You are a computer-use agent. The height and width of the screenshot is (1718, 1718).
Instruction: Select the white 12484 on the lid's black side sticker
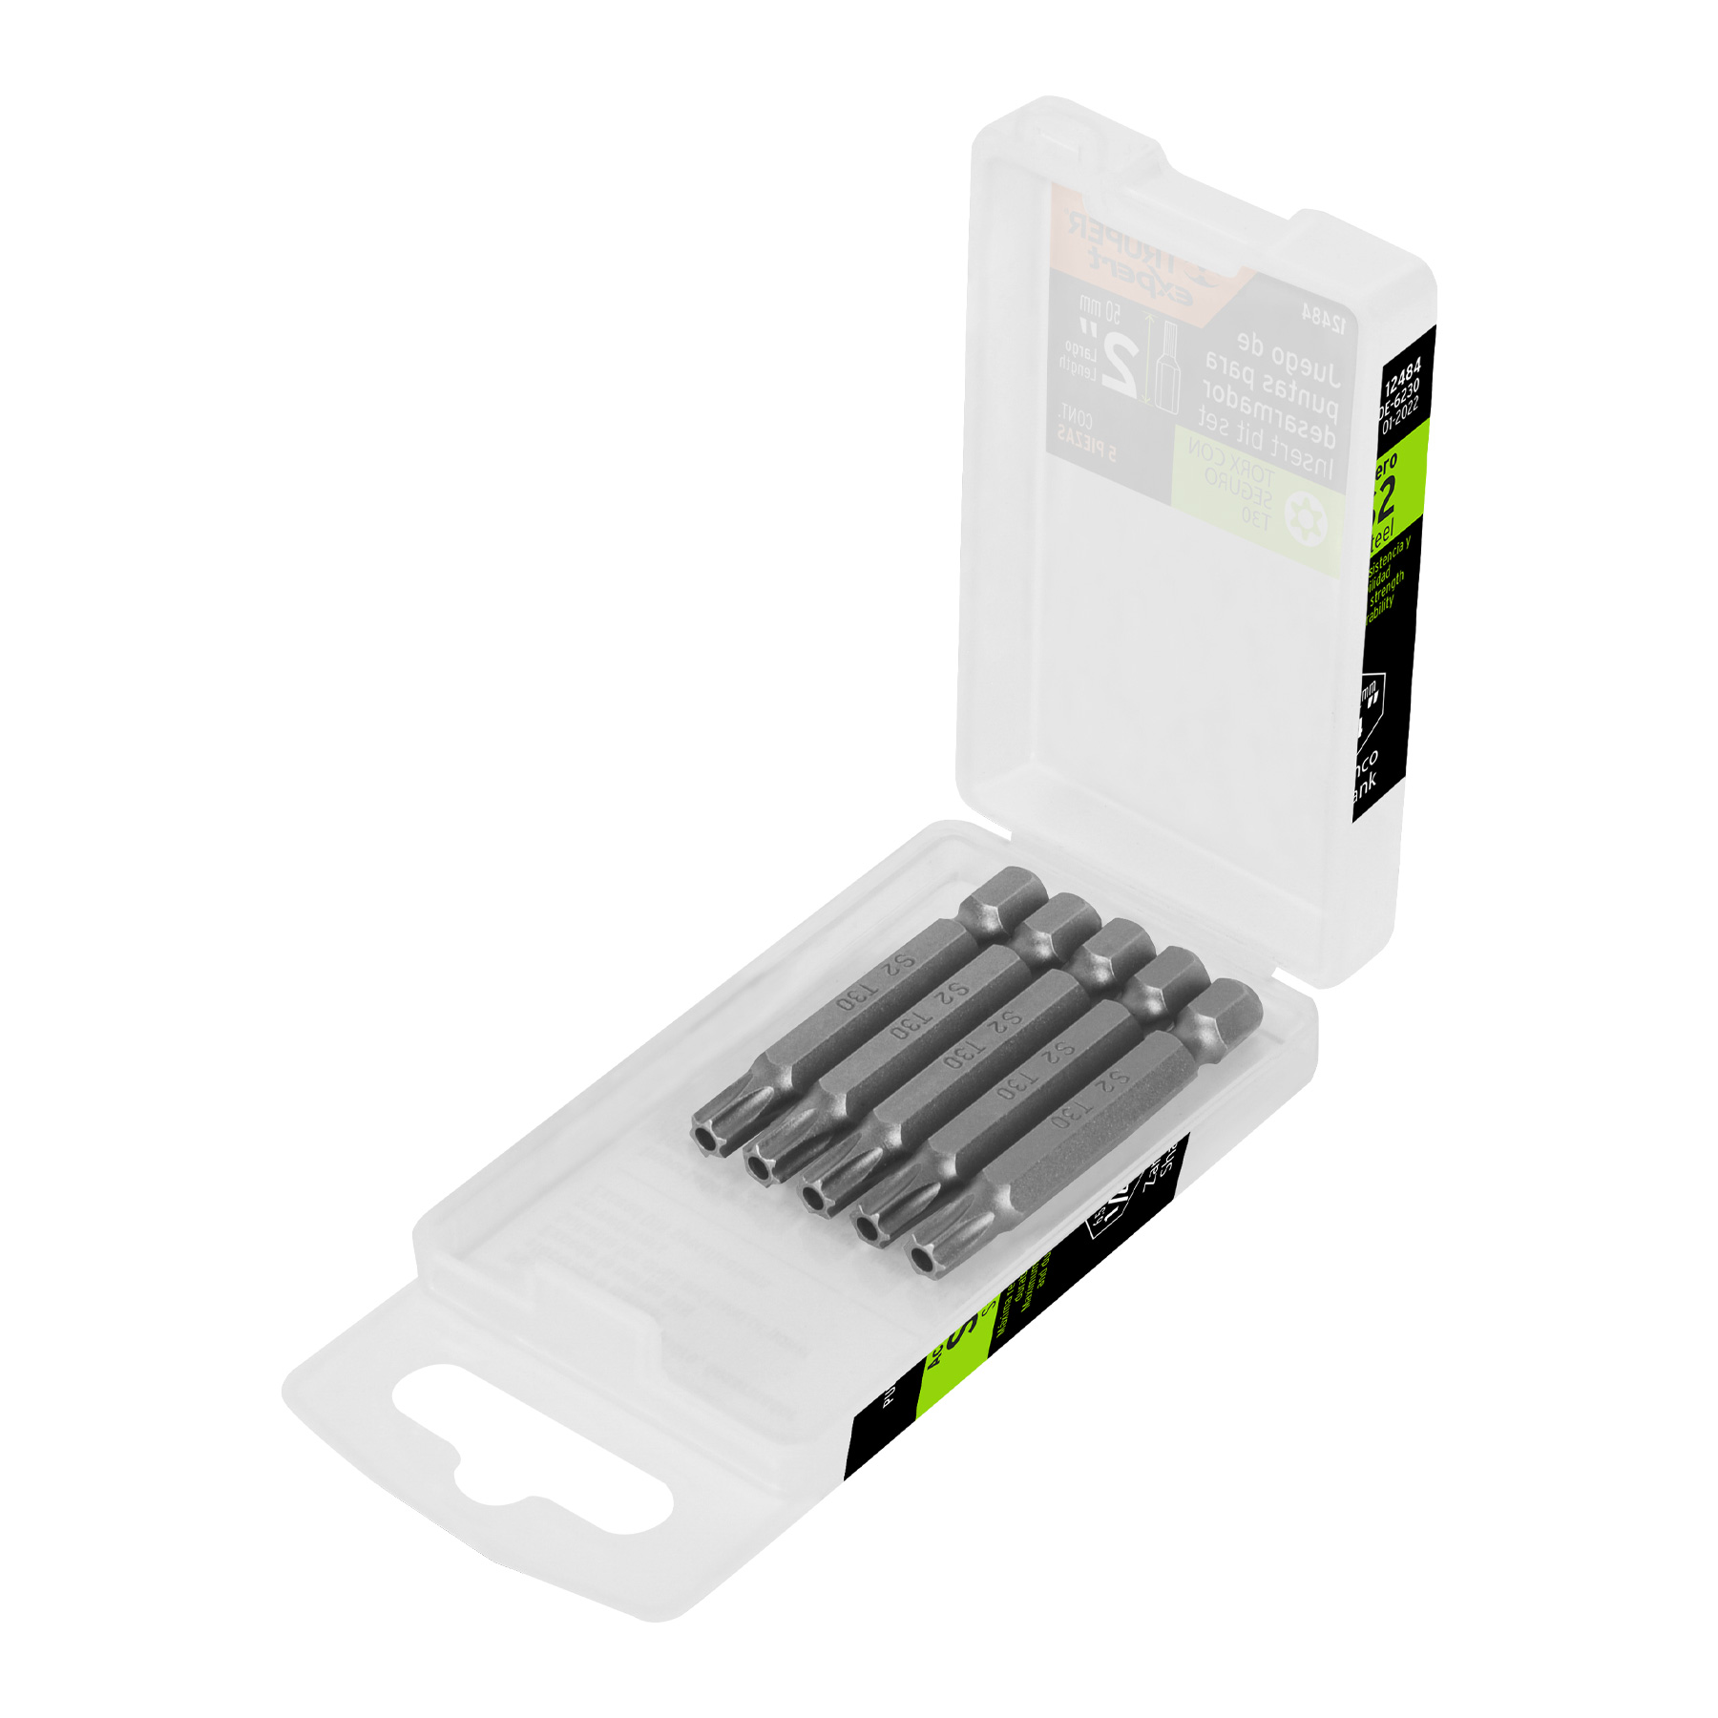click(x=1402, y=377)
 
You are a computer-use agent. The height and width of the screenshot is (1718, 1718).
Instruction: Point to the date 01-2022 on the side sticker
click(x=1400, y=416)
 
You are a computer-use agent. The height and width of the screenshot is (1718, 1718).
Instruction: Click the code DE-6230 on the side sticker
click(x=1399, y=397)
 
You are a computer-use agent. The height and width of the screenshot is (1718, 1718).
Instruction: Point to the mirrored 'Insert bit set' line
click(x=1266, y=449)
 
